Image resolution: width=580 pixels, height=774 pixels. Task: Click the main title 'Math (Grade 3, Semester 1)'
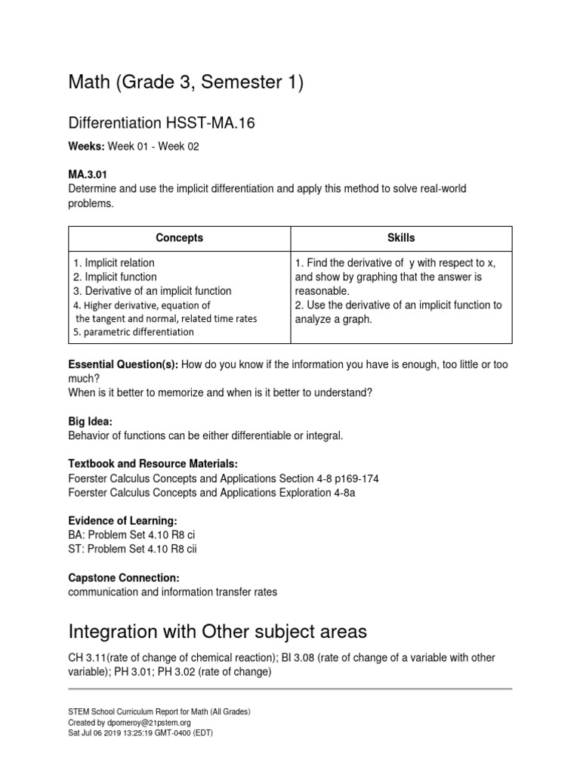(x=186, y=82)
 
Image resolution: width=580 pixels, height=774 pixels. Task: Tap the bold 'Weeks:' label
(x=87, y=147)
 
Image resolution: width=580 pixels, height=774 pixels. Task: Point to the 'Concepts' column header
(x=179, y=237)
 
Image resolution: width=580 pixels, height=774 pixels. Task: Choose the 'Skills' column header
(x=400, y=237)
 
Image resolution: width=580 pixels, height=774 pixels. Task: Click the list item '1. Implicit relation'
(x=114, y=263)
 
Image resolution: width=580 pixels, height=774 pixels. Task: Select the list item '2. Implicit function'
(x=115, y=277)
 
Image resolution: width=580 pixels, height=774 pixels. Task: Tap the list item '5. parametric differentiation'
(x=134, y=333)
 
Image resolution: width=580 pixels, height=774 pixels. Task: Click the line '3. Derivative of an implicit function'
(x=152, y=291)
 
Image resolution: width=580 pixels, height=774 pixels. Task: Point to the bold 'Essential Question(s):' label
(x=123, y=364)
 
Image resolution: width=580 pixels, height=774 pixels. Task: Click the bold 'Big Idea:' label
(x=90, y=421)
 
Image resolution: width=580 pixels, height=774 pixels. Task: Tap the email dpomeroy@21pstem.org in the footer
(x=149, y=722)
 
